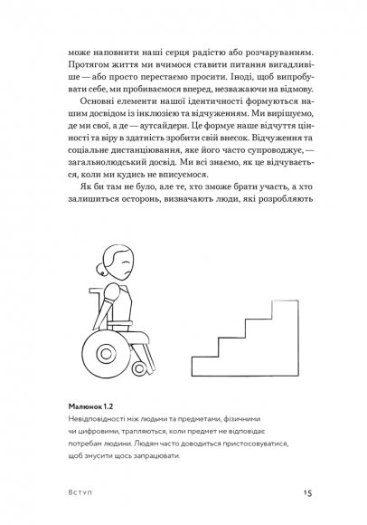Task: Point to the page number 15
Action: (307, 492)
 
